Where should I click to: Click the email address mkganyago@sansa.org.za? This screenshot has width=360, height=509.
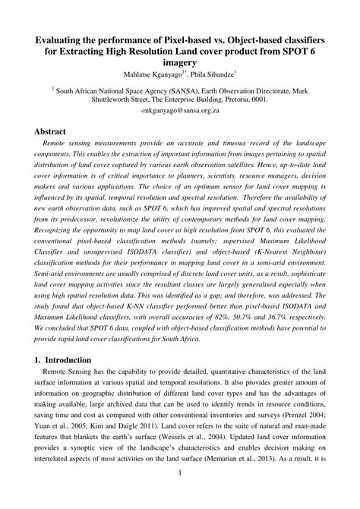(x=179, y=110)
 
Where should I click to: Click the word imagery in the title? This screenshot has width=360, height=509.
(x=179, y=62)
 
